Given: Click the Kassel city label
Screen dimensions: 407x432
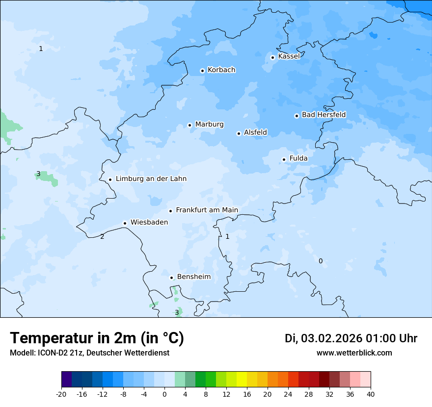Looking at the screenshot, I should coord(289,56).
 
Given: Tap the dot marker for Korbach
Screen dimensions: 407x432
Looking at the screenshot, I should coord(202,71).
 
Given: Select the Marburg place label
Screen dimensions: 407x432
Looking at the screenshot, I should coord(209,125).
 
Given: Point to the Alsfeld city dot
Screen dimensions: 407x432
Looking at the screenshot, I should coord(239,133).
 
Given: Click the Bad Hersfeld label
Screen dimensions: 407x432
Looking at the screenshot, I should coord(324,115).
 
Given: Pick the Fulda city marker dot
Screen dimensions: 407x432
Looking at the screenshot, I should coord(284,159).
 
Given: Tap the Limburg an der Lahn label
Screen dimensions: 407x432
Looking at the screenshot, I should coord(151,179).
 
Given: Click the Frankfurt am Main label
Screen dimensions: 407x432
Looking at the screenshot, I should coord(207,210).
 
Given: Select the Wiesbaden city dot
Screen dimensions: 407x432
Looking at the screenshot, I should coord(125,223).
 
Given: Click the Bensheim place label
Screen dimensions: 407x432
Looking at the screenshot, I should coord(193,277).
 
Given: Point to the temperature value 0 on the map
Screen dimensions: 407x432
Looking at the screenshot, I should coord(321,261).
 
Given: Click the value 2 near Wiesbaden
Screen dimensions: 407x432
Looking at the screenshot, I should coord(102,237).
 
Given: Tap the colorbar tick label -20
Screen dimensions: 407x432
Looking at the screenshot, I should coord(61,394).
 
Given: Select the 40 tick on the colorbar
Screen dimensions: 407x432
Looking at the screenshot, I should coord(371,394).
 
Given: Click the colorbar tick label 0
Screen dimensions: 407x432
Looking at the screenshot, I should coord(164,394).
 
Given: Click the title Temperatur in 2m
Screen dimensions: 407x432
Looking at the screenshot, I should coord(97,338).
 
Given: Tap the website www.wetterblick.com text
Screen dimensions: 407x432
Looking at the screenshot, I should coord(354,353).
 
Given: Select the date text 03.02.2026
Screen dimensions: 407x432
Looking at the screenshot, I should coord(331,338).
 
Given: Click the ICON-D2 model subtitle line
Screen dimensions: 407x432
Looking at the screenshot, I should coord(89,353).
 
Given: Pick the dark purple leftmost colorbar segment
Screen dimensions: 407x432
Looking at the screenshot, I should coord(66,380).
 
